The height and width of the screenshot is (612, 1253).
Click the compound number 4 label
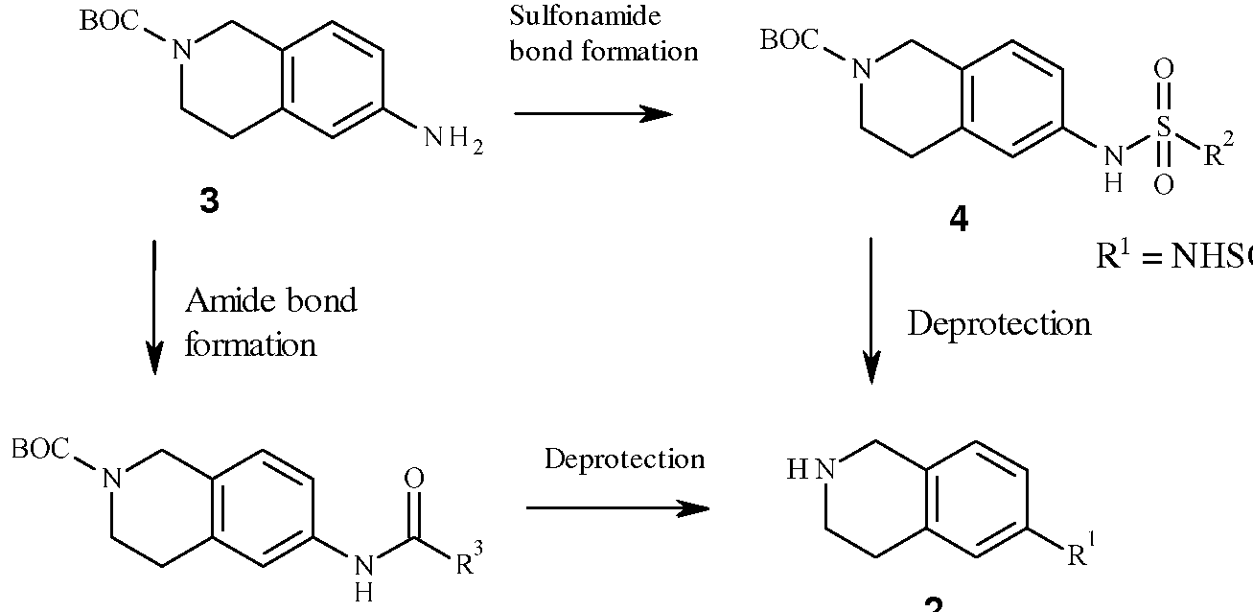click(958, 222)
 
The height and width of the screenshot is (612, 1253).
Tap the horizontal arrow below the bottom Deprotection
click(617, 507)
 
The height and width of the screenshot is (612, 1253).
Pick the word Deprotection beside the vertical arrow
click(999, 323)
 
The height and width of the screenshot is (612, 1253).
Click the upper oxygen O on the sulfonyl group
click(1163, 70)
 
